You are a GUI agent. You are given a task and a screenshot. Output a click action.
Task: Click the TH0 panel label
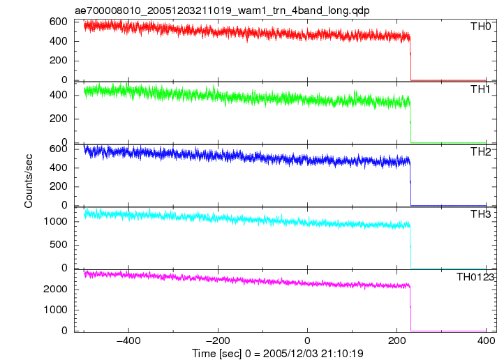pyautogui.click(x=480, y=27)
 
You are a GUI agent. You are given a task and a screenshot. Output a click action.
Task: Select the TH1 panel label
pyautogui.click(x=480, y=89)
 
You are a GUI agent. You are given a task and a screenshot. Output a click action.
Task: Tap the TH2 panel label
pyautogui.click(x=480, y=152)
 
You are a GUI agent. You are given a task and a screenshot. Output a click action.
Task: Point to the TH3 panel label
pyautogui.click(x=480, y=214)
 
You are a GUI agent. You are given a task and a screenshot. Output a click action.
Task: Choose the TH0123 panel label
pyautogui.click(x=475, y=277)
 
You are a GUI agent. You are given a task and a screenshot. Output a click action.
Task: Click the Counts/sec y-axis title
pyautogui.click(x=29, y=181)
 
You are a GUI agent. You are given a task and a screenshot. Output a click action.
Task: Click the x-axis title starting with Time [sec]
pyautogui.click(x=278, y=354)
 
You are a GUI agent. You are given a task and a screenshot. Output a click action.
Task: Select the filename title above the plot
pyautogui.click(x=222, y=10)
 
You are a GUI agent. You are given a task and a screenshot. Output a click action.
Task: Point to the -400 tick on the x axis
pyautogui.click(x=128, y=340)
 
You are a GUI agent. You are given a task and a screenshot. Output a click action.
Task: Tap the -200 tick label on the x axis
pyautogui.click(x=218, y=340)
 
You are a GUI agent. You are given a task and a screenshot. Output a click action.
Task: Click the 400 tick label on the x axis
pyautogui.click(x=486, y=340)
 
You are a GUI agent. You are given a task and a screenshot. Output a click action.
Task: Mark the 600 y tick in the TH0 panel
pyautogui.click(x=58, y=22)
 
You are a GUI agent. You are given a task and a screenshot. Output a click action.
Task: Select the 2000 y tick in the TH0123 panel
pyautogui.click(x=55, y=289)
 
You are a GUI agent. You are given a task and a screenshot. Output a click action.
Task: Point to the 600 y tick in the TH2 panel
pyautogui.click(x=58, y=149)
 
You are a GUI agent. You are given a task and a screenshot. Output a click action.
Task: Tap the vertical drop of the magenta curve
pyautogui.click(x=410, y=309)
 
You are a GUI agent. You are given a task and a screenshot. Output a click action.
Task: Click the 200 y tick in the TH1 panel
pyautogui.click(x=58, y=119)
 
